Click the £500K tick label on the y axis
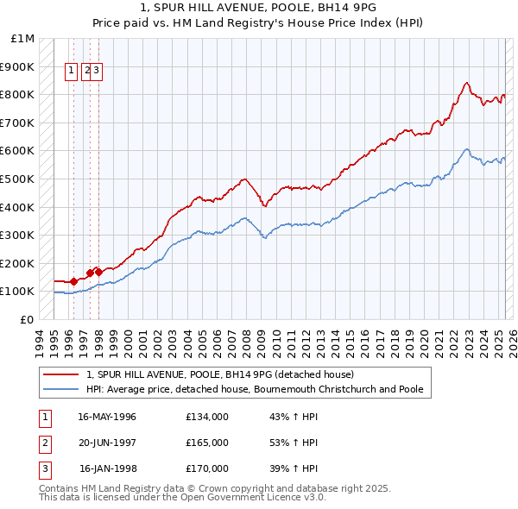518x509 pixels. point(20,179)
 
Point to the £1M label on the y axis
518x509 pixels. point(23,39)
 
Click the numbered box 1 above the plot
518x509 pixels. point(74,72)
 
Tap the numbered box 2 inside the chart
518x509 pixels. point(86,72)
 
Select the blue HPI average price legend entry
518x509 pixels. point(255,389)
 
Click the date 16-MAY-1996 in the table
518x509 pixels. point(107,417)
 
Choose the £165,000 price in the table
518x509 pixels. point(207,443)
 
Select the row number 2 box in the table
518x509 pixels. point(44,443)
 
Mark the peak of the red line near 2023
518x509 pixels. point(466,83)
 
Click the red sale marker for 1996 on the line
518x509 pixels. point(74,280)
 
